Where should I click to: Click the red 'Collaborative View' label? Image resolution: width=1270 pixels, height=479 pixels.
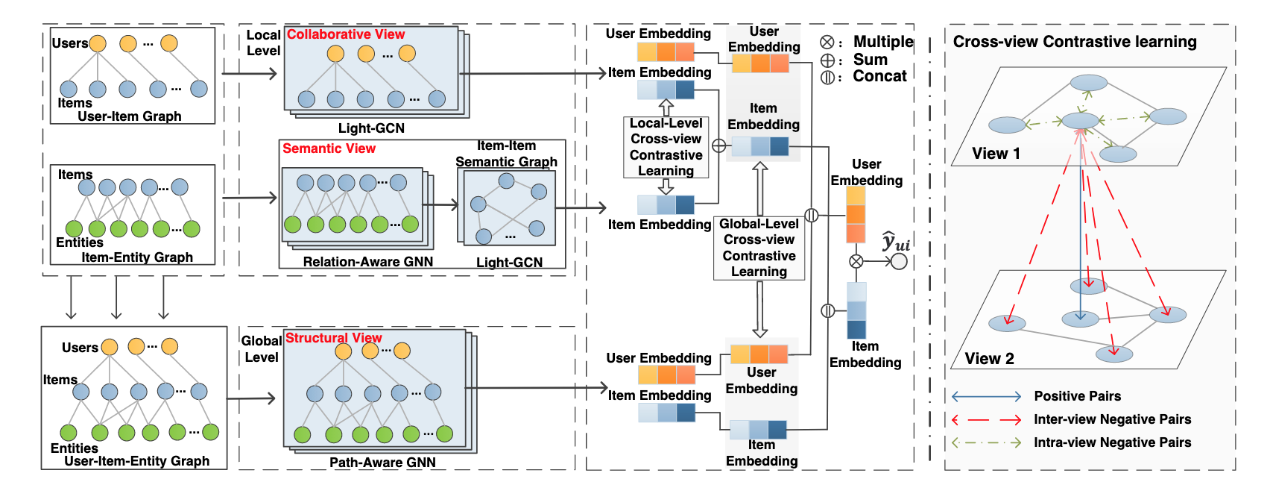346,34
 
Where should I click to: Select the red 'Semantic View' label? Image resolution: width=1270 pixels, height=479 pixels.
329,148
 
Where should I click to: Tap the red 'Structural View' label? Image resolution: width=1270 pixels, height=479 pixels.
333,338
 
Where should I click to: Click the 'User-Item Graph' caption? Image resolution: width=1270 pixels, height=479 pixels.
130,116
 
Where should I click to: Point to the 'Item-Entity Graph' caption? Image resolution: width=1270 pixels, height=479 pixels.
137,257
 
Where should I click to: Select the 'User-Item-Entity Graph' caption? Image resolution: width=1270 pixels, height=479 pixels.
137,461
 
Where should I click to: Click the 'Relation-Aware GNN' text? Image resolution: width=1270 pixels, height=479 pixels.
367,262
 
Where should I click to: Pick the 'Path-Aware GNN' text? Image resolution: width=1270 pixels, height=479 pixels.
382,463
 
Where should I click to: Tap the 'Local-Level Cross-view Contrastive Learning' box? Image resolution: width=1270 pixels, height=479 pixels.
666,147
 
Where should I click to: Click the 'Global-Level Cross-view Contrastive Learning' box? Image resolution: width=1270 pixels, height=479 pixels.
759,248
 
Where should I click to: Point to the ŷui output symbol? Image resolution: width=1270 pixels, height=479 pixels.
895,242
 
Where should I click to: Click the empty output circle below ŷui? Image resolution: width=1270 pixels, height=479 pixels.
900,261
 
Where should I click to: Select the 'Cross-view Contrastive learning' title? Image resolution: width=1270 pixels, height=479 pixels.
1075,42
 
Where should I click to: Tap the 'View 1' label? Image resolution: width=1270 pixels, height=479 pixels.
996,154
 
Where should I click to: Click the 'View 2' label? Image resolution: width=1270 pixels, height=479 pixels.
989,359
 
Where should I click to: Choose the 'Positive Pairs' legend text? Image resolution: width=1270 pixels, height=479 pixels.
1077,396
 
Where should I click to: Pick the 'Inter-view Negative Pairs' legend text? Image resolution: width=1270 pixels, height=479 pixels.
1112,419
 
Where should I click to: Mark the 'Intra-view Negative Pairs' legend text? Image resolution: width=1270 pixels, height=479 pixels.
1112,442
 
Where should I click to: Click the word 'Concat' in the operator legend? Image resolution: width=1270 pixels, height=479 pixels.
879,76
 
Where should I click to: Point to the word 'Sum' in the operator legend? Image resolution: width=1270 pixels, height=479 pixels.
870,60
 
